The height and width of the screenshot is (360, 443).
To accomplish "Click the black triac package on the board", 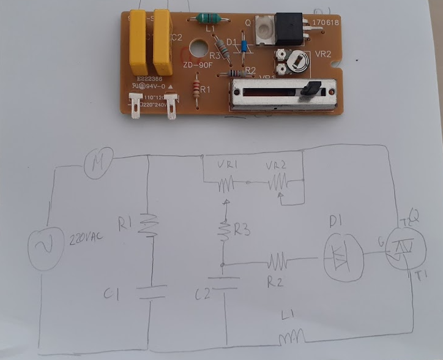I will click(x=289, y=28).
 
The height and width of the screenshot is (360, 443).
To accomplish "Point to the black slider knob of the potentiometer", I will click(x=312, y=89).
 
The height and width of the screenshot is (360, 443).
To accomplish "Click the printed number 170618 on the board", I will click(x=326, y=24).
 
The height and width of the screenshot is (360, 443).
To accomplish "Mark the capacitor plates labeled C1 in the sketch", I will click(x=149, y=292).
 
